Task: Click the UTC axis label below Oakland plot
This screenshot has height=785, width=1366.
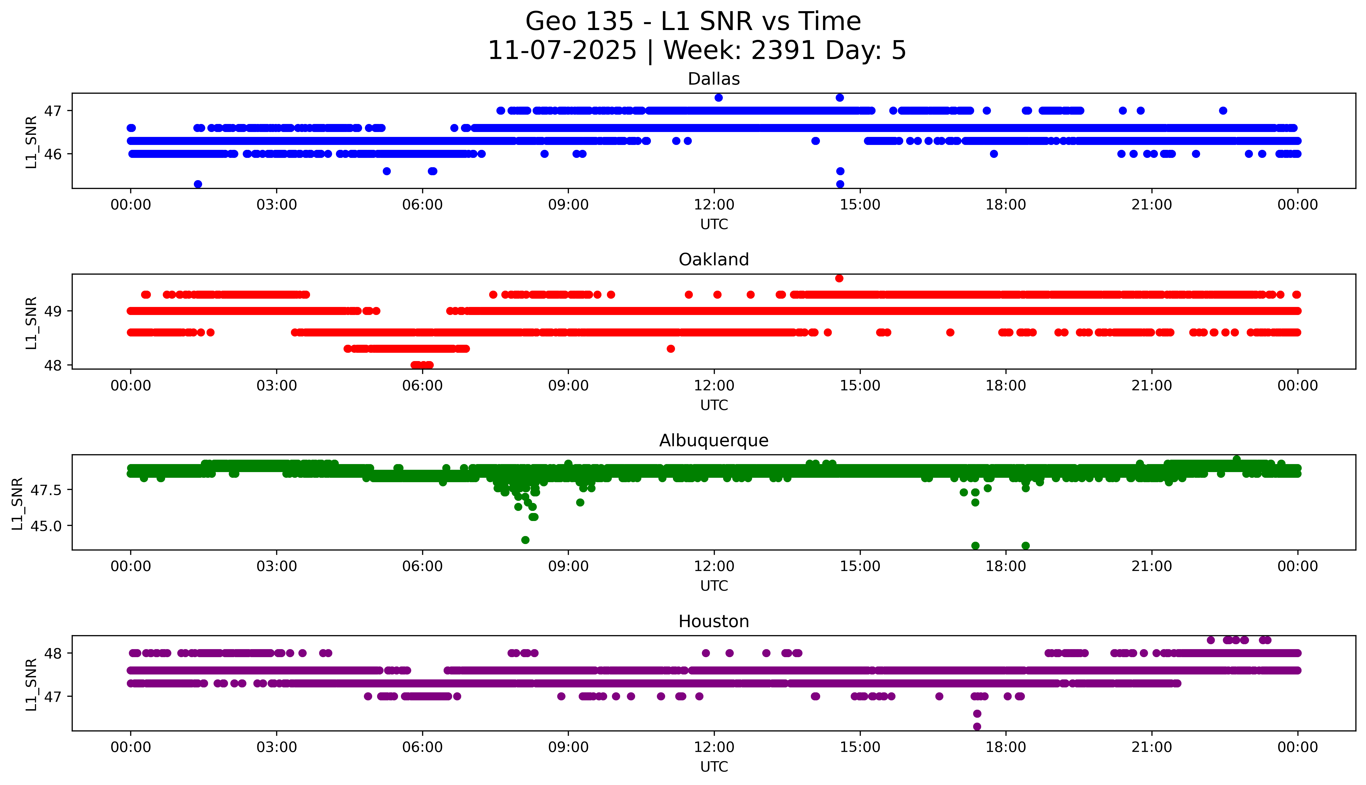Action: tap(714, 405)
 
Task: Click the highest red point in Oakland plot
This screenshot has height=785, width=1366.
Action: tap(839, 278)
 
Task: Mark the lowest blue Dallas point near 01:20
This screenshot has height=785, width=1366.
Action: tap(198, 184)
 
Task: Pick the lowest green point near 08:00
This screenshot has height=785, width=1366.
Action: tap(525, 540)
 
